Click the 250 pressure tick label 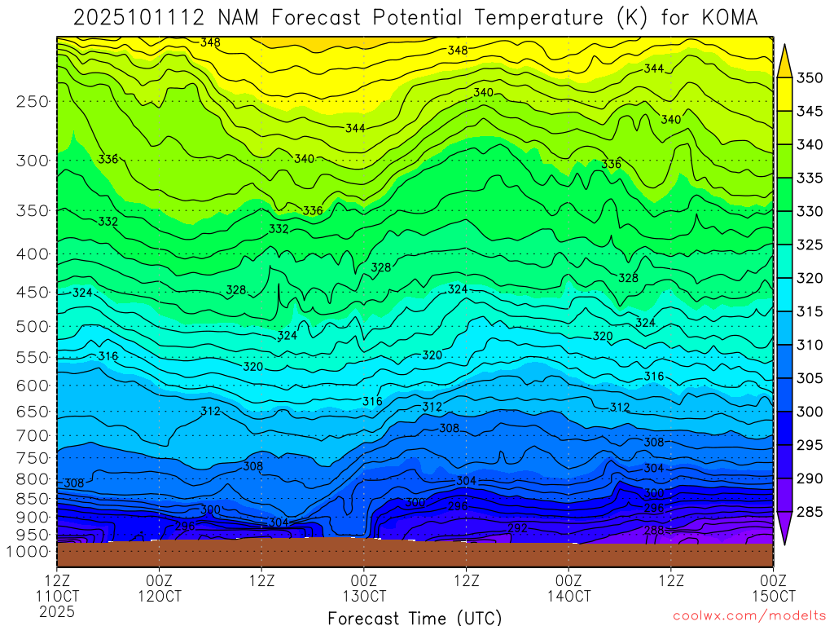(33, 102)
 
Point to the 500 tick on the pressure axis (33, 327)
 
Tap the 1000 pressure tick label (29, 552)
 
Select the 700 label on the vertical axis (33, 434)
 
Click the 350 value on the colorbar (810, 78)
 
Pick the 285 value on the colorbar (810, 512)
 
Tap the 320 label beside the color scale (810, 279)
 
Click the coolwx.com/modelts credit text (749, 615)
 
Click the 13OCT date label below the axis (363, 596)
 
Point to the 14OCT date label (568, 596)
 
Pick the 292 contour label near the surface (518, 528)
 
